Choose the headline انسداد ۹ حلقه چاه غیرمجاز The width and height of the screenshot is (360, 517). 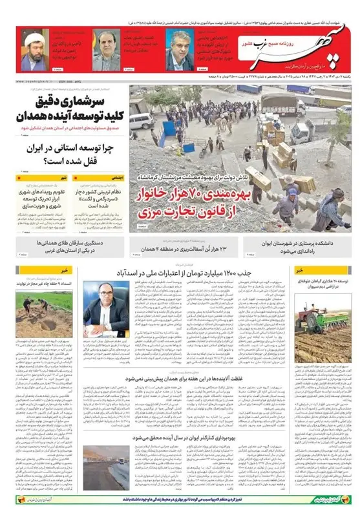43,283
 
